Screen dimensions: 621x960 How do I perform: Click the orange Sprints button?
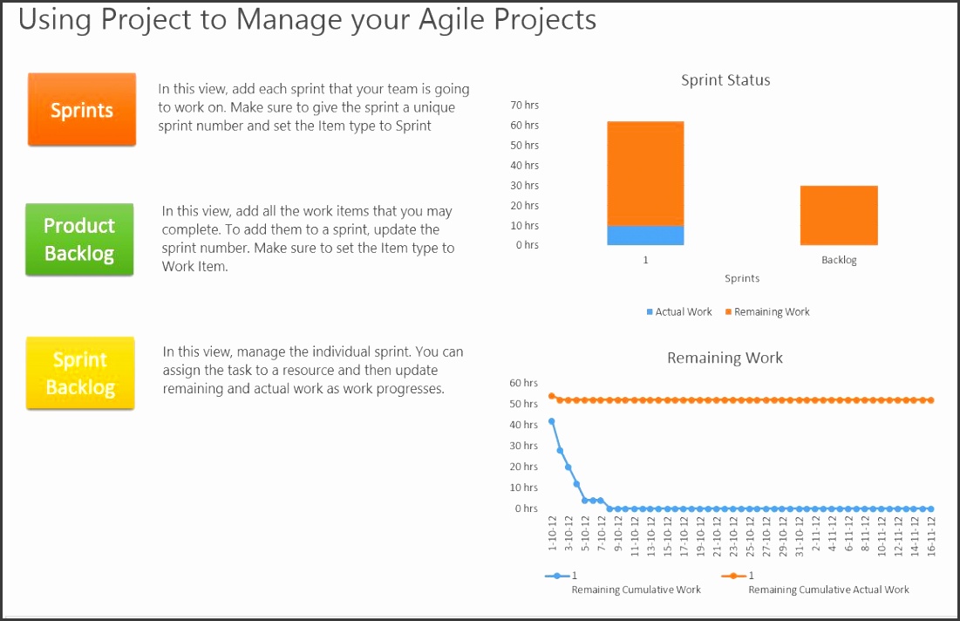[82, 110]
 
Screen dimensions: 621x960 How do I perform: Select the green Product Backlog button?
[79, 240]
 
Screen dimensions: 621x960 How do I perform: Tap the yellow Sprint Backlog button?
[80, 373]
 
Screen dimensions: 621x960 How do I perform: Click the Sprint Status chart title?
[725, 80]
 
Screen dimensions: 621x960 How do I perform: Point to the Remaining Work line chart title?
[725, 358]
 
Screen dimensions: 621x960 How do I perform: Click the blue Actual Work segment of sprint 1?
[645, 235]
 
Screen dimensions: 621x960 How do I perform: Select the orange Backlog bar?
[839, 215]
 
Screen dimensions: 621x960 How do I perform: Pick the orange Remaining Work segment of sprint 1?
[645, 174]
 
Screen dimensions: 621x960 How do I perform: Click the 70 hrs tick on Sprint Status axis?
[525, 105]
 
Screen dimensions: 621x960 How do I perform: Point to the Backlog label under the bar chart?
[839, 260]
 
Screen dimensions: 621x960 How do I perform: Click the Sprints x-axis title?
[742, 278]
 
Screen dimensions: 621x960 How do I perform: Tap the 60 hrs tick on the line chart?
[524, 383]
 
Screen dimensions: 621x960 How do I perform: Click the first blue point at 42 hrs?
[551, 421]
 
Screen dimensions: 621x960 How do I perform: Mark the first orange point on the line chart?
[551, 396]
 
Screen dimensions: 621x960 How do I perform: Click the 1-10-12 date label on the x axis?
[552, 535]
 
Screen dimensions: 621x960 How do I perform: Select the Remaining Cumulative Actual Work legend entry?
[828, 590]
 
